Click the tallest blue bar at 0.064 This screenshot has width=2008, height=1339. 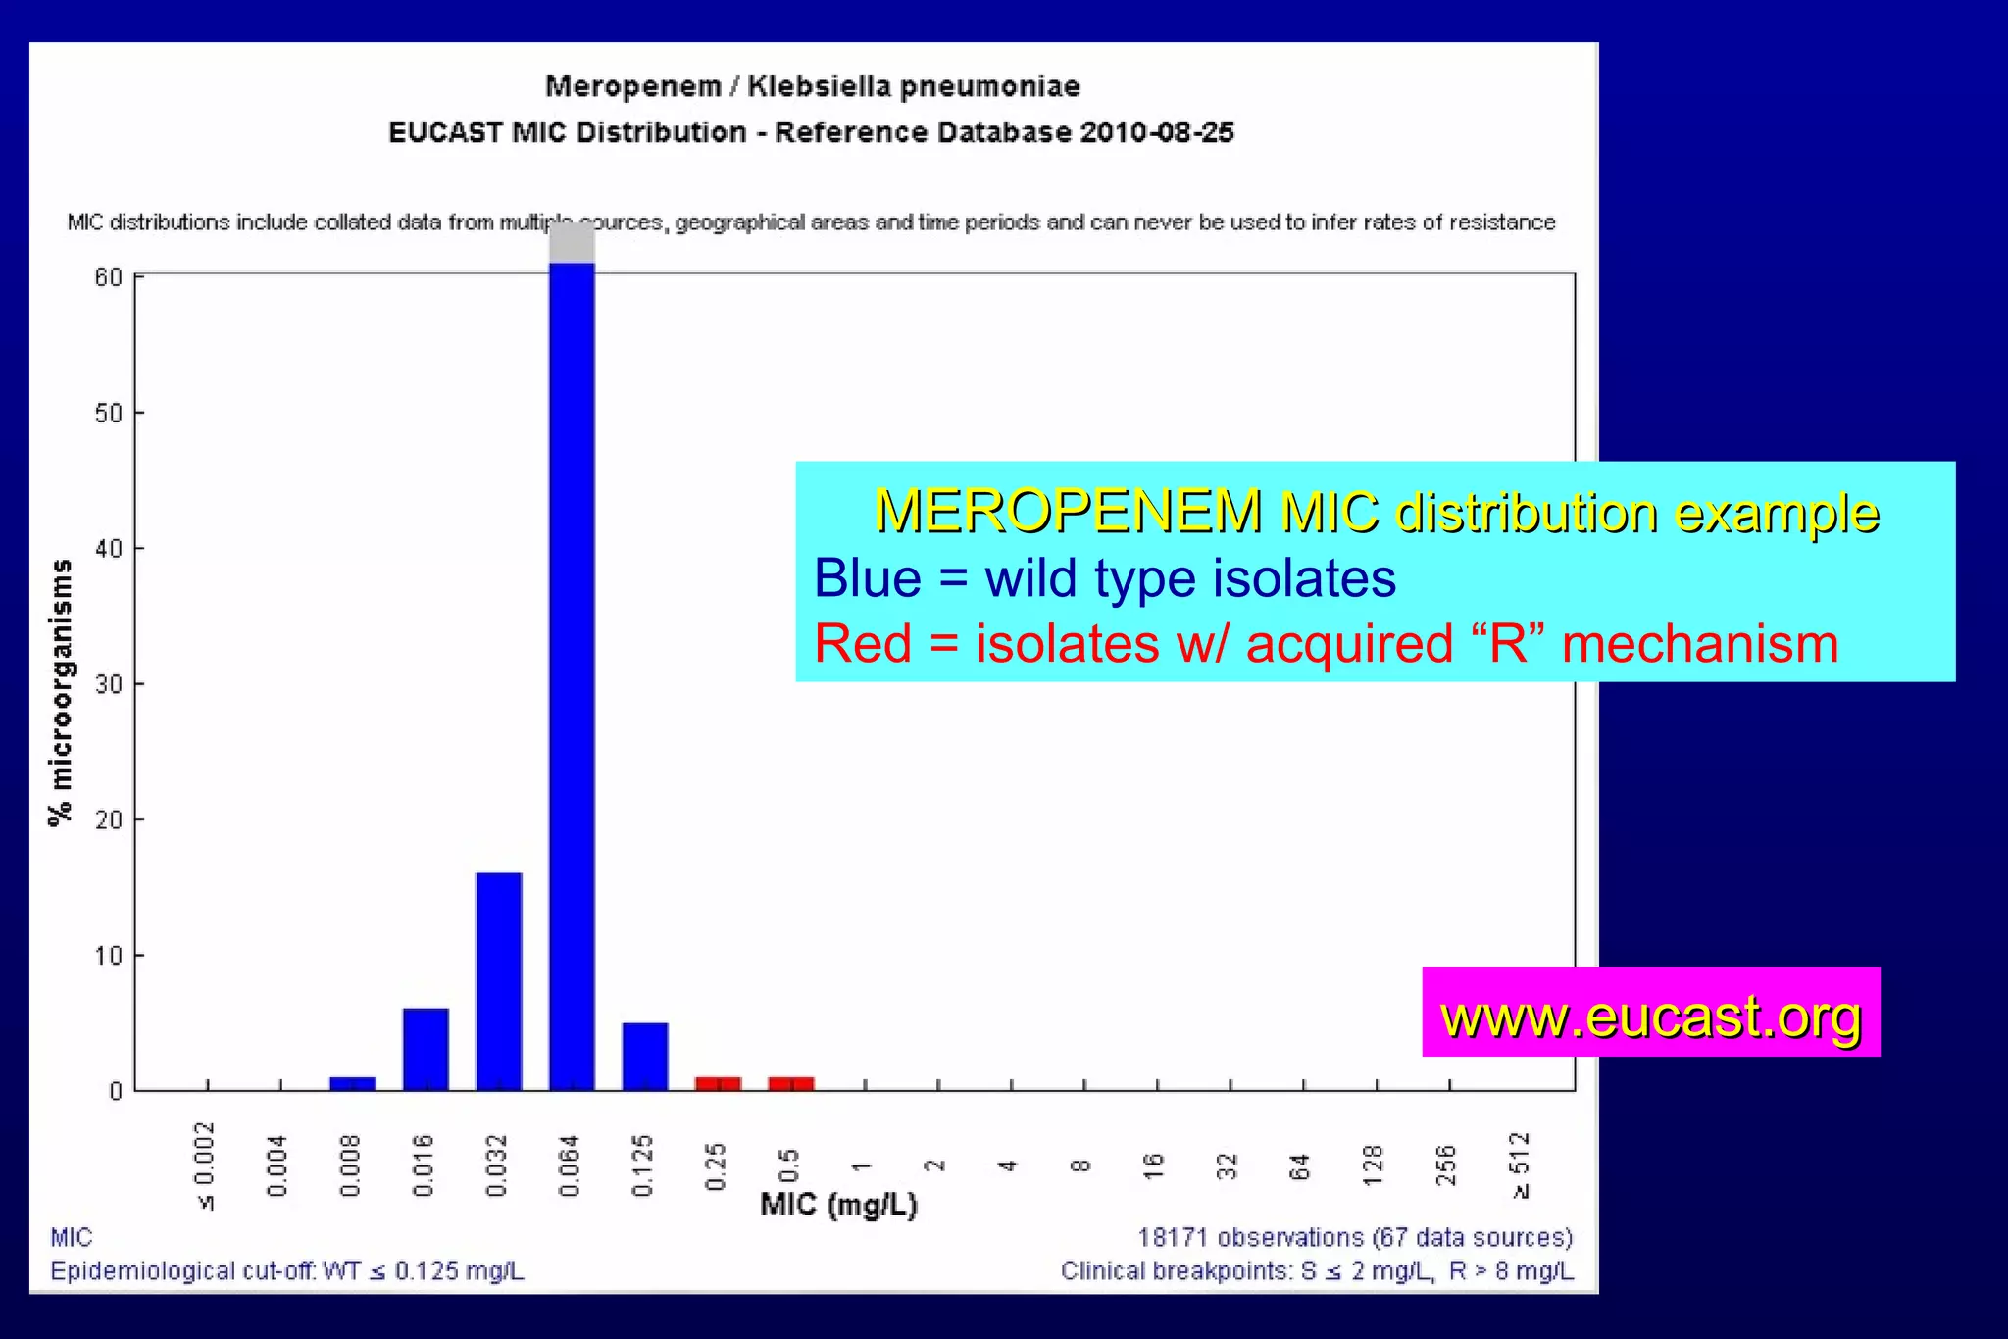[572, 676]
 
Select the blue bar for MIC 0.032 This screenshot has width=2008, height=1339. [499, 980]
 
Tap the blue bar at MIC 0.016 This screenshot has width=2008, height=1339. [426, 1049]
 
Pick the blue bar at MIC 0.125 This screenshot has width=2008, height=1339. [645, 1057]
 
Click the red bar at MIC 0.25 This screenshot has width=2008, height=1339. [718, 1083]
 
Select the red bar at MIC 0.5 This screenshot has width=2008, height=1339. [791, 1083]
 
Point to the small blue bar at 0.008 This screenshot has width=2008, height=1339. [353, 1083]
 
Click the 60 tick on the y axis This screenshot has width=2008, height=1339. [109, 277]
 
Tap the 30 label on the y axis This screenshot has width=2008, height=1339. [109, 684]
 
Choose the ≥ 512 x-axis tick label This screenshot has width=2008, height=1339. [1521, 1165]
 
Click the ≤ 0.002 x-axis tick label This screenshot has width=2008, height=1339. [205, 1165]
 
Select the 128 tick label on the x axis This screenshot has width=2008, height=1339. [1374, 1165]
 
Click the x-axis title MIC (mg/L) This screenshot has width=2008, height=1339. [838, 1205]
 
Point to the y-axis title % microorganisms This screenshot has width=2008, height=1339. [61, 692]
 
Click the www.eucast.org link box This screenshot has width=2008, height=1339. [1650, 1014]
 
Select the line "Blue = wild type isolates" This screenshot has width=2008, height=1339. [1105, 578]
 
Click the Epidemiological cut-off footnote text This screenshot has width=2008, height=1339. [287, 1271]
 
